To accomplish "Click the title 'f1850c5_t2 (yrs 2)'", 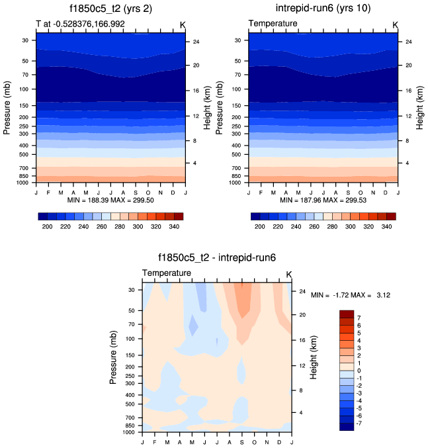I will point(110,9).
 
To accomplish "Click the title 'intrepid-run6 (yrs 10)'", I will point(323,9).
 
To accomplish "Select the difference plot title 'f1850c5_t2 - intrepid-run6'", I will point(216,259).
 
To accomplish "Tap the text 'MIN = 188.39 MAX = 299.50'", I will point(110,200).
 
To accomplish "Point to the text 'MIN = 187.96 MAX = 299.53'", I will point(323,200).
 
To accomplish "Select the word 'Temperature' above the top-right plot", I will point(273,24).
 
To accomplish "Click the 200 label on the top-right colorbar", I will point(260,226).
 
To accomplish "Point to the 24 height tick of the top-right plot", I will point(408,42).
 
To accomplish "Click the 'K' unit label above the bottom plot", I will point(289,274).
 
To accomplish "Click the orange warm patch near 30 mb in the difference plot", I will point(241,294).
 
